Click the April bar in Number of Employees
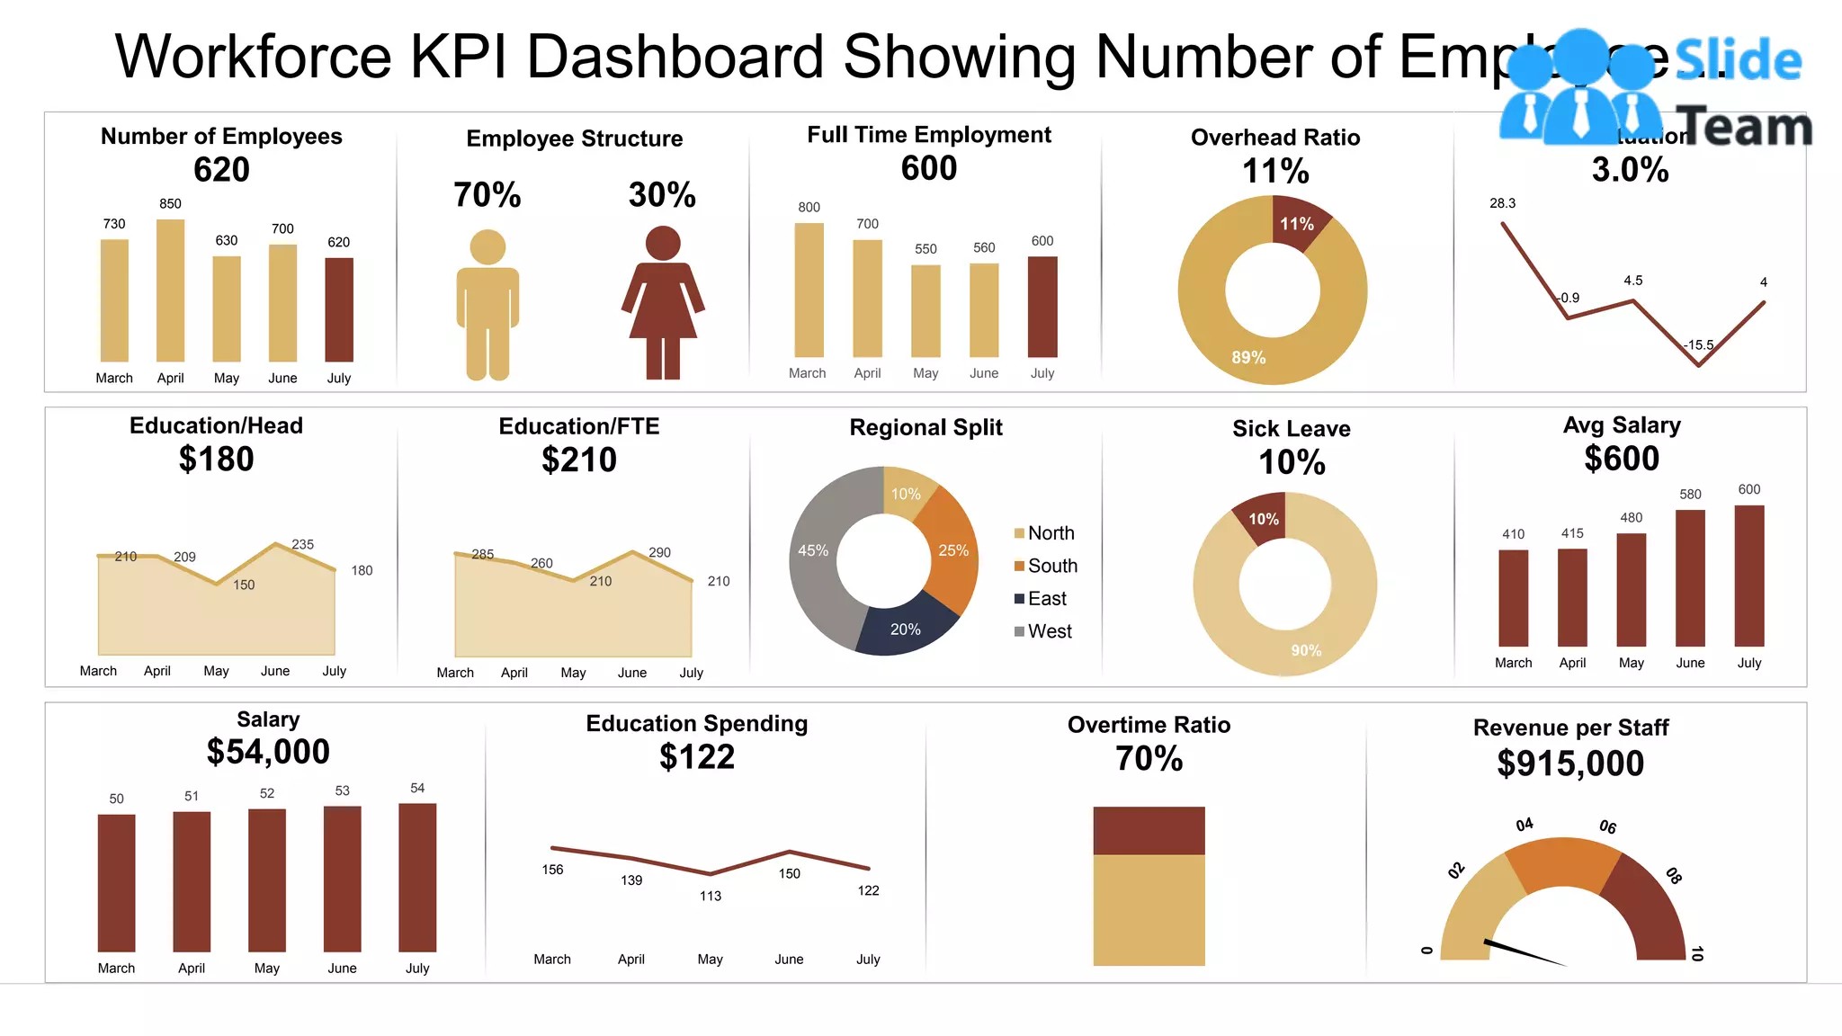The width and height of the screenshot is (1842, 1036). (170, 290)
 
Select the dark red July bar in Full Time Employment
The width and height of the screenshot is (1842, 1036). (1042, 307)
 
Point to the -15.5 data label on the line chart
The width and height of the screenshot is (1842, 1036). (1698, 344)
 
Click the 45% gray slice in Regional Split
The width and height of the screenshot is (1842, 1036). (815, 550)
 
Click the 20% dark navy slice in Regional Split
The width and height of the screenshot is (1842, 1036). (905, 629)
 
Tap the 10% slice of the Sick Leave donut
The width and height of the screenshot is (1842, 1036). (1263, 519)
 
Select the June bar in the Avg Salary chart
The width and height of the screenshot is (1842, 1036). (1690, 577)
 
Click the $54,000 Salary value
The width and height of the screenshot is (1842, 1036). (268, 752)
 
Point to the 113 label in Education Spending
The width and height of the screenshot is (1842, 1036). (711, 896)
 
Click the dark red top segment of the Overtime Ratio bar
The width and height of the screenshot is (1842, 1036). (1149, 830)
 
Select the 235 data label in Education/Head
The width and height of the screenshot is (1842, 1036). (303, 544)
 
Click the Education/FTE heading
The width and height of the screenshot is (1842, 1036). (579, 426)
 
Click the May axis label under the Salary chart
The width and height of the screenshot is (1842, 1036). (267, 968)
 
